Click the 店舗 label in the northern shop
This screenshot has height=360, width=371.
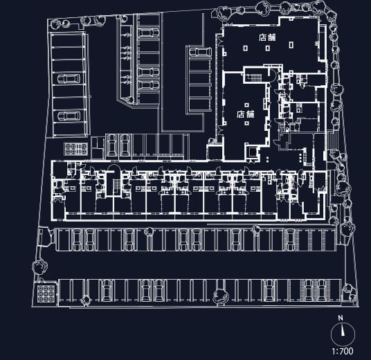click(267, 37)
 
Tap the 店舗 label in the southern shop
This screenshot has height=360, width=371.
click(246, 114)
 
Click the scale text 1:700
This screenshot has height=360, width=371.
click(343, 351)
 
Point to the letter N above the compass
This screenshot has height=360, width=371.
click(341, 318)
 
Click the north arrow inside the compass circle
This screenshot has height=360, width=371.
click(343, 332)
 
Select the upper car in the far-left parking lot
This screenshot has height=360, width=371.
click(69, 78)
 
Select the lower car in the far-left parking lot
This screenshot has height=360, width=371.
click(69, 116)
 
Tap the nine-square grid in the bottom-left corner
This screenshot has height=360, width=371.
click(46, 294)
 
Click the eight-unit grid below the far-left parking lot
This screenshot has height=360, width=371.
click(75, 149)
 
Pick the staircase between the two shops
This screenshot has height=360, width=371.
click(255, 78)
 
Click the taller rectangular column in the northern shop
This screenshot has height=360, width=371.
click(291, 45)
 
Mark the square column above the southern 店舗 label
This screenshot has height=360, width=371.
click(247, 105)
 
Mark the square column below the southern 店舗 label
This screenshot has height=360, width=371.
click(247, 123)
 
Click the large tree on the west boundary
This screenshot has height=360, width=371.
click(39, 267)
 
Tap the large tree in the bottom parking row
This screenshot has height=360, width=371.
click(221, 296)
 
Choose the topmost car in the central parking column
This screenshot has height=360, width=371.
click(148, 33)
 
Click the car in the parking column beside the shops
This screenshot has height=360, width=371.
click(200, 52)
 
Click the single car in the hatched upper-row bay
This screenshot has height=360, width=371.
click(291, 240)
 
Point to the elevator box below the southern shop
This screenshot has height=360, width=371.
click(252, 152)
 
